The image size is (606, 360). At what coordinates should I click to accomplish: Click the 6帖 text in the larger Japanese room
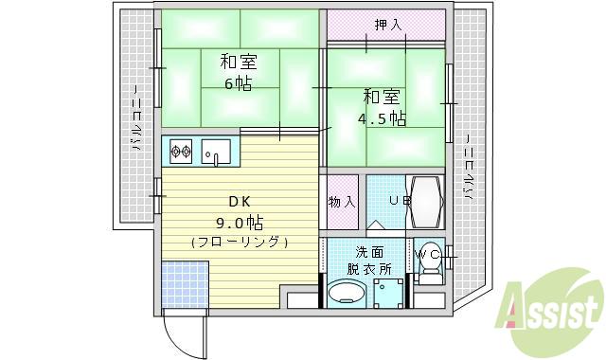(x=238, y=83)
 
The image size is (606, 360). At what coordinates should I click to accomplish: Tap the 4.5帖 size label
(x=382, y=118)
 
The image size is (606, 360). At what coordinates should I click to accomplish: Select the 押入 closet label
(x=386, y=25)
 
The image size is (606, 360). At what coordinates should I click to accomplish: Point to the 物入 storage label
(x=342, y=201)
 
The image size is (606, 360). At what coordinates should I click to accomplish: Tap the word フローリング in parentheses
(x=239, y=243)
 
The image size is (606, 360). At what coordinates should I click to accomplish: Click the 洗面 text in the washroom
(x=370, y=252)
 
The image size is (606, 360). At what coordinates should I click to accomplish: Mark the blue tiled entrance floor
(x=182, y=284)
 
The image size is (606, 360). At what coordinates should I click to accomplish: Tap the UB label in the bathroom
(x=400, y=201)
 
